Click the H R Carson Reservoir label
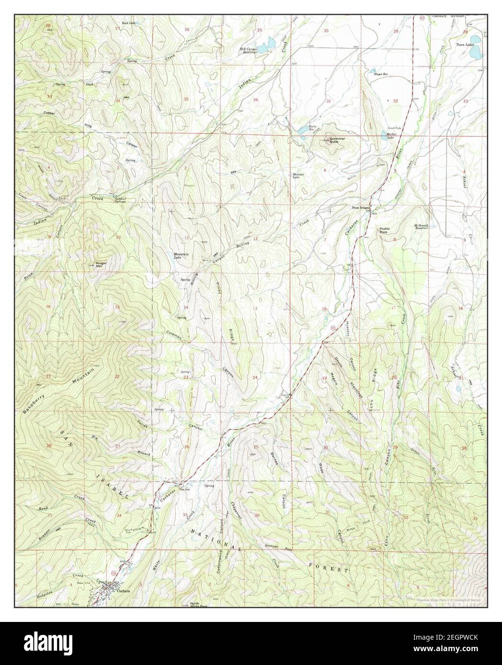tap(249, 50)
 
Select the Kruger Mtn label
tap(101, 264)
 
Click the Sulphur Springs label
tap(120, 201)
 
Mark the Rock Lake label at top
tap(128, 22)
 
